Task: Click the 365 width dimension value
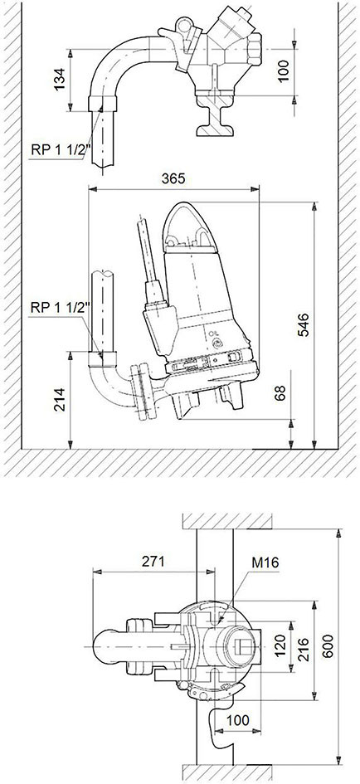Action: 173,178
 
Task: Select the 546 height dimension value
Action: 304,325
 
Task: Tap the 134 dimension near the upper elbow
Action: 60,80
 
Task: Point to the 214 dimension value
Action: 60,400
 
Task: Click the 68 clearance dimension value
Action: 280,393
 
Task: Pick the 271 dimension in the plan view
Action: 153,561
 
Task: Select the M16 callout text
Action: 265,562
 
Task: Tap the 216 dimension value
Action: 303,650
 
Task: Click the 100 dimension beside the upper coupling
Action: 283,71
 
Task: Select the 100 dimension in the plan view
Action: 237,720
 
